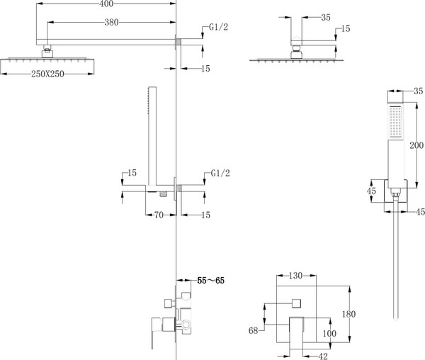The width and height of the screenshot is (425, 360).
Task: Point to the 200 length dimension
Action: point(416,147)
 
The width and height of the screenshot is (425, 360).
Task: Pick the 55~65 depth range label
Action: point(210,281)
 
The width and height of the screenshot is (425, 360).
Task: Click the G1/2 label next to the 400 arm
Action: point(218,28)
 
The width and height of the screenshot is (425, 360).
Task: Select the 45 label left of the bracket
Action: point(371,191)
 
